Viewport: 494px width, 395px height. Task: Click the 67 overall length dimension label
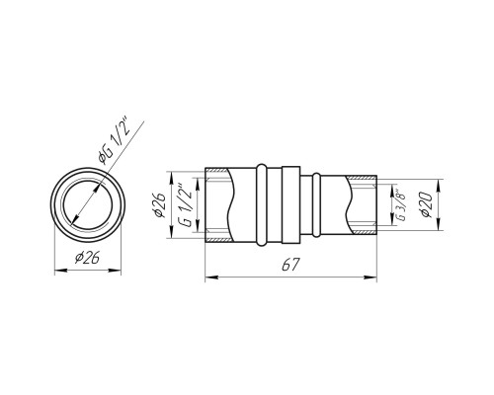click(290, 265)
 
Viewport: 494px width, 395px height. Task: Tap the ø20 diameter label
click(427, 204)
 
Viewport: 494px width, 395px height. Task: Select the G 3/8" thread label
click(399, 204)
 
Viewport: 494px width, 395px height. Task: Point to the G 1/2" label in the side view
click(186, 204)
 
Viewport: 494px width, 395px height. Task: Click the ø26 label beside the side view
click(160, 205)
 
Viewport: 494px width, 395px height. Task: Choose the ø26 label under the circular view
click(87, 258)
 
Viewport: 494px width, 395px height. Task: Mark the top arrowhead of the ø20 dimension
click(439, 186)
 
